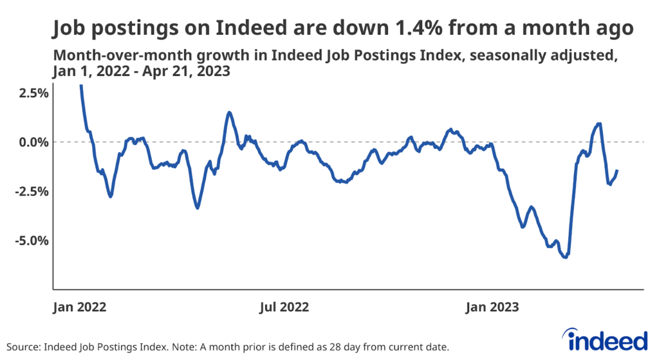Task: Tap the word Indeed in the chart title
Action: pos(211,28)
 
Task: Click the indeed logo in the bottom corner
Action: pos(604,339)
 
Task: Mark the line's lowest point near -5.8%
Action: pos(565,257)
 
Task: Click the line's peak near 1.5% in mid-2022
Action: pos(228,113)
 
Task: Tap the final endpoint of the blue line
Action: pos(617,171)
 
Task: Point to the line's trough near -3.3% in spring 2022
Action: pos(198,207)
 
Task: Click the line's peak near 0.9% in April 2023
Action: pos(599,124)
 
